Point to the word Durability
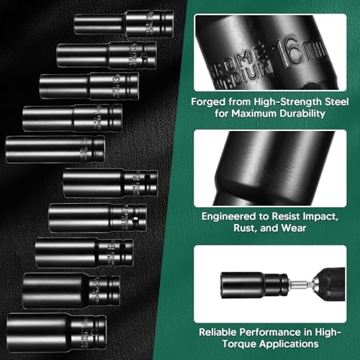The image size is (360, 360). click(297, 114)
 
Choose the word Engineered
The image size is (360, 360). click(220, 215)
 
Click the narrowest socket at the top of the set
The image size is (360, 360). click(123, 23)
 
